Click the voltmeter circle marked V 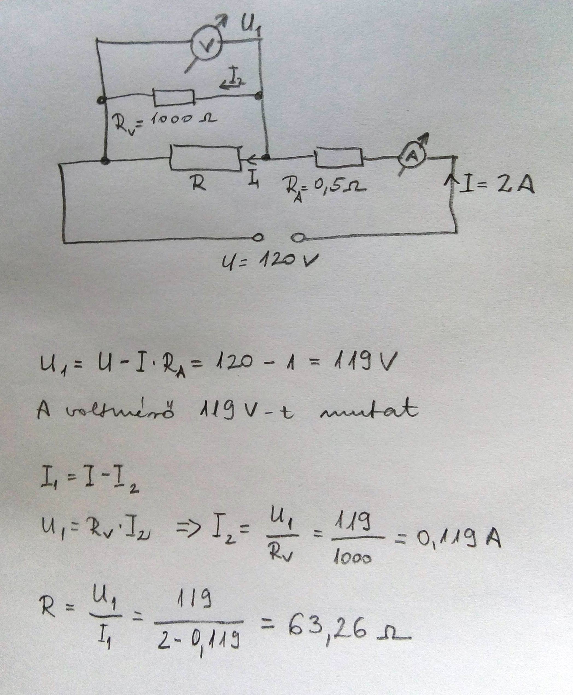pos(207,46)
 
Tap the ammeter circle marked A pos(412,158)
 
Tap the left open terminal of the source pos(258,237)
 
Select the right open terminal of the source pos(298,237)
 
